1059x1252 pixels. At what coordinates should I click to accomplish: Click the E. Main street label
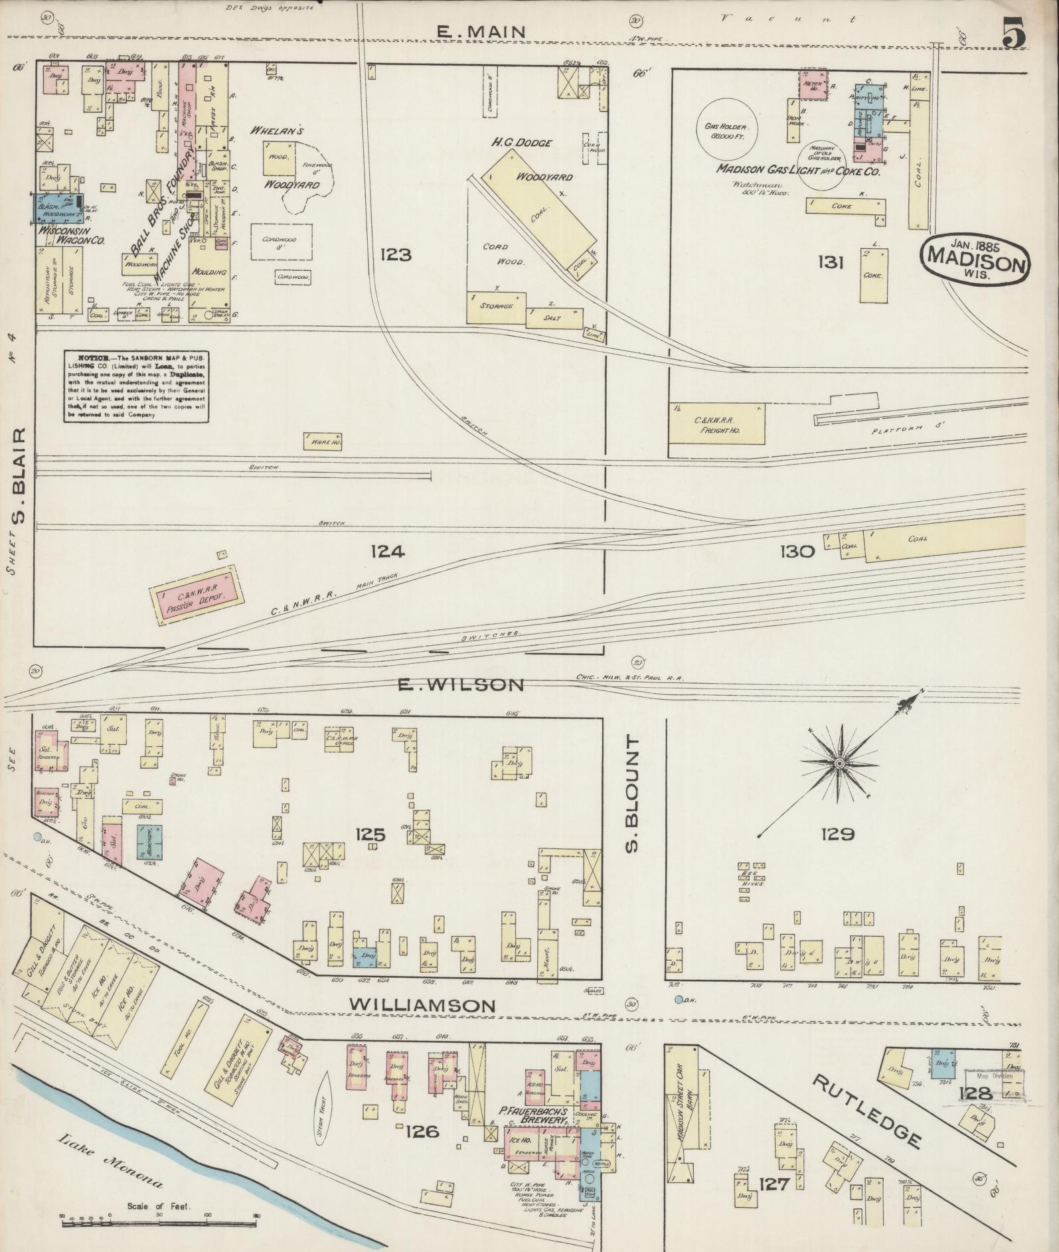pos(481,31)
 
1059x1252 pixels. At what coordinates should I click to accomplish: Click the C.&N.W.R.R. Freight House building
pos(716,425)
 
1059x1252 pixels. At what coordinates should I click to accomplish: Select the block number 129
pos(836,834)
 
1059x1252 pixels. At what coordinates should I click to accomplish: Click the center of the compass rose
pos(839,764)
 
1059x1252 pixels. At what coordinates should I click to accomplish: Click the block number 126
pos(422,1131)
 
